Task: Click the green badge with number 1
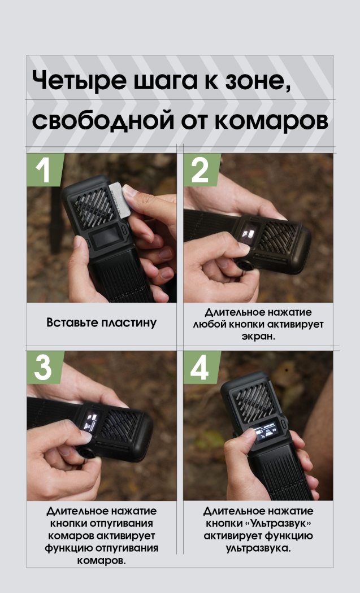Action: pyautogui.click(x=45, y=170)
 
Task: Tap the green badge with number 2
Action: pyautogui.click(x=201, y=170)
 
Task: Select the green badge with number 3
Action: pyautogui.click(x=45, y=367)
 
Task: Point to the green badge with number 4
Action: pyautogui.click(x=201, y=367)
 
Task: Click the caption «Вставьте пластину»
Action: pyautogui.click(x=102, y=322)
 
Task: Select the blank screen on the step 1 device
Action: pyautogui.click(x=106, y=237)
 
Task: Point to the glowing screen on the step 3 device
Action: pyautogui.click(x=89, y=422)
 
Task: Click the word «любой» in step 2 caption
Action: pyautogui.click(x=207, y=325)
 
